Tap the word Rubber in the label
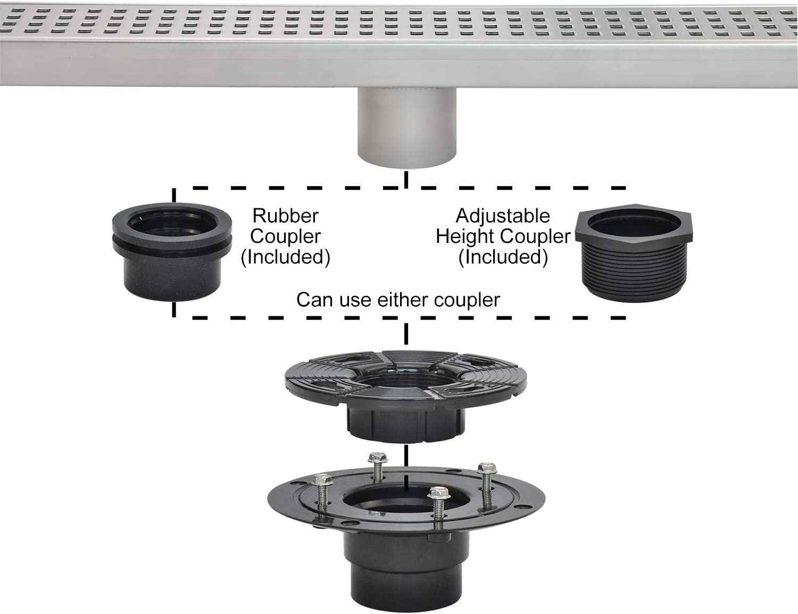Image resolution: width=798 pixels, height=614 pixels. click(x=285, y=216)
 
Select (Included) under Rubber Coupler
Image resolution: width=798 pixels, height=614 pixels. click(x=285, y=257)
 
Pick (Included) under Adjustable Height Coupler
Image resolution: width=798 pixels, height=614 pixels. click(x=503, y=257)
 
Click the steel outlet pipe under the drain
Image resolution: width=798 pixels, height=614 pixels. click(x=406, y=128)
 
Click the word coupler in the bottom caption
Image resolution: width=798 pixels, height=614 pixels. click(x=467, y=300)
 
